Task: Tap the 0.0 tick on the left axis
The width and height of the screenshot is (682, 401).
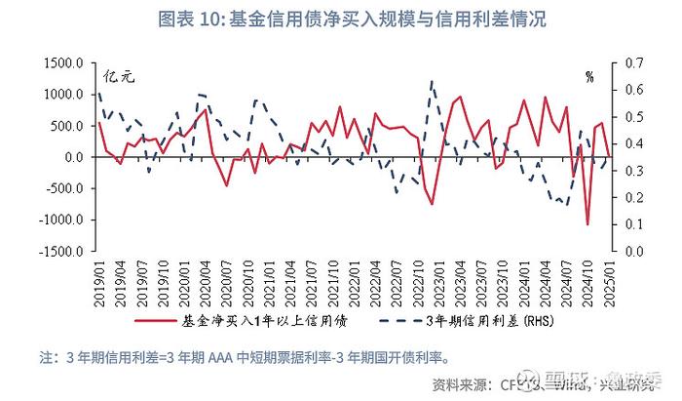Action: [x=74, y=157]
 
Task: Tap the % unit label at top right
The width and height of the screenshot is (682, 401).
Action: [x=589, y=75]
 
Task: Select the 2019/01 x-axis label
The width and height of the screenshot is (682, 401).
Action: [x=99, y=284]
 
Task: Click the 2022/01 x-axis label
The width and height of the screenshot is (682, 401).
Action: [x=354, y=284]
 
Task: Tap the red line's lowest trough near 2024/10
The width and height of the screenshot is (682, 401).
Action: [x=587, y=224]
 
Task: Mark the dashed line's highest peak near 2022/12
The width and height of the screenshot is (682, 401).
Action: [x=431, y=82]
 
